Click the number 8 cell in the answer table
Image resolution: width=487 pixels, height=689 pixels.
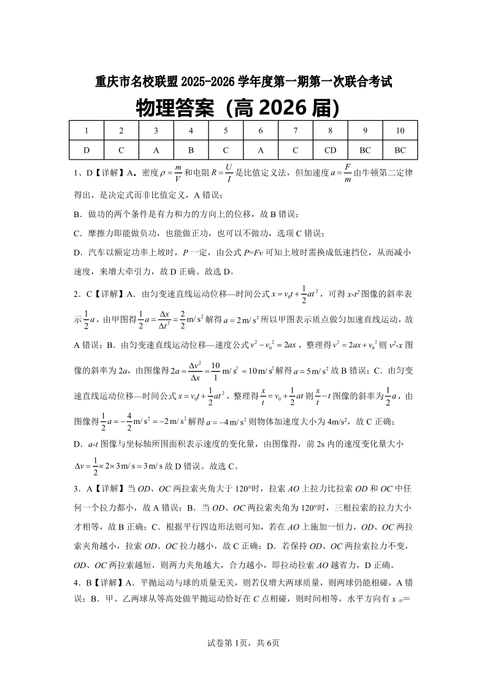(x=330, y=131)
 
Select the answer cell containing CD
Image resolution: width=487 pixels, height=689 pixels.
(x=330, y=150)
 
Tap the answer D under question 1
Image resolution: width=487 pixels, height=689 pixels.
(x=86, y=150)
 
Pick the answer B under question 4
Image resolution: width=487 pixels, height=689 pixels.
(x=191, y=150)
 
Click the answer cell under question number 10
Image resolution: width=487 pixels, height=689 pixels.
(x=400, y=150)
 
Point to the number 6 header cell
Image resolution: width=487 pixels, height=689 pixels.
(x=261, y=131)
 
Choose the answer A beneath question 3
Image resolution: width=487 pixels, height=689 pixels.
(x=156, y=150)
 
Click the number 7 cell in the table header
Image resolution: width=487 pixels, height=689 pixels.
(x=296, y=131)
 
